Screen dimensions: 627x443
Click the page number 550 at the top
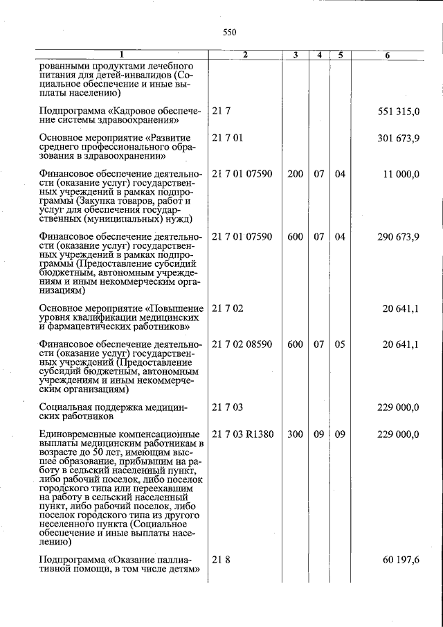click(230, 32)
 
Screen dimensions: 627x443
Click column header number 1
click(121, 55)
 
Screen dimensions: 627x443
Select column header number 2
click(244, 55)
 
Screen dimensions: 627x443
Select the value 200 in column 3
click(296, 174)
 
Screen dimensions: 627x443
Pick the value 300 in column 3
click(296, 434)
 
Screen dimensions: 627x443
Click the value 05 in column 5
click(340, 344)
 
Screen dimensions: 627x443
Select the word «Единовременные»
click(78, 434)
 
